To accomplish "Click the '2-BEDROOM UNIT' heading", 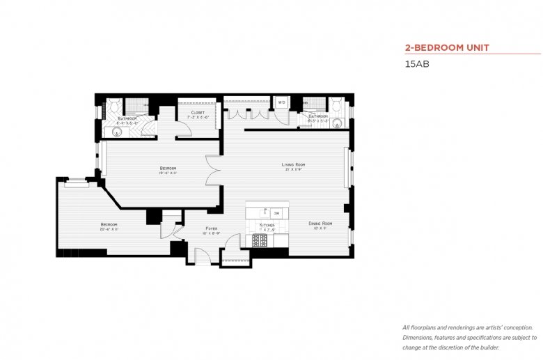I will pos(447,48).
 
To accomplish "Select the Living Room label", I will pos(293,165).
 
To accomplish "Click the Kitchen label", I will pos(267,226).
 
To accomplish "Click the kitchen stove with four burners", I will pos(260,240).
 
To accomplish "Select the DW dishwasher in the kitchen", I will pos(276,213).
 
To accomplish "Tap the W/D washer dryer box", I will pos(282,103).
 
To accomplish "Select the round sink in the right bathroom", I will pos(338,123).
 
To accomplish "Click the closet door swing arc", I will pos(182,128).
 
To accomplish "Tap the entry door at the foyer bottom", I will pos(203,259).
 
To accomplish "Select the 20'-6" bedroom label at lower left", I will pos(109,225).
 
